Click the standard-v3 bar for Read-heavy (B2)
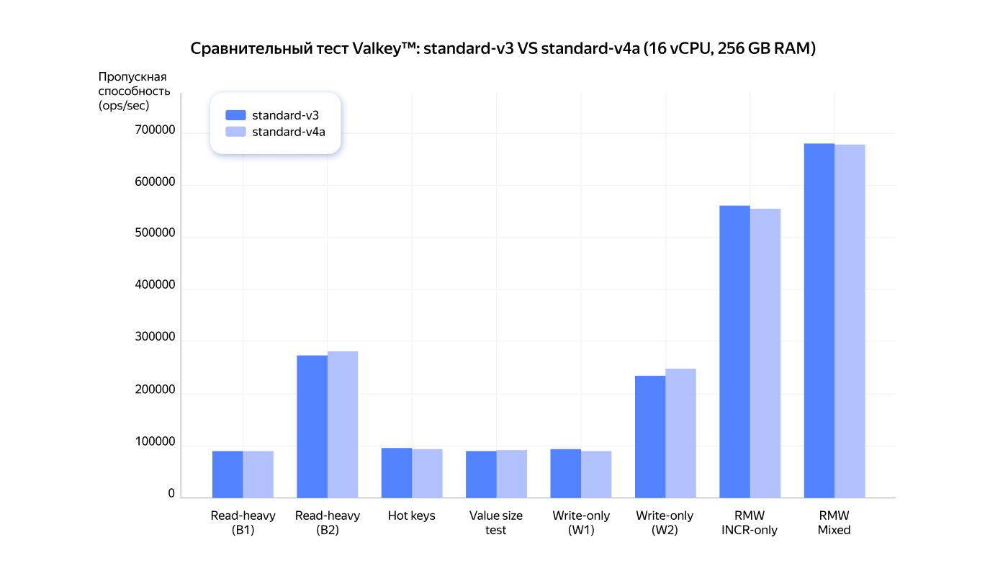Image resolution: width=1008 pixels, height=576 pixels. [x=312, y=426]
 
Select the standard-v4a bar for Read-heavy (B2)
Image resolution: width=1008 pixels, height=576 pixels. [x=343, y=424]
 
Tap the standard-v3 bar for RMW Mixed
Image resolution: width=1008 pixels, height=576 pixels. [x=819, y=320]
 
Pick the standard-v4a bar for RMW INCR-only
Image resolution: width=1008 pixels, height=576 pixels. [x=765, y=353]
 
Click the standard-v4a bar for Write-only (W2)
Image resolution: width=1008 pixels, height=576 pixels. [x=681, y=433]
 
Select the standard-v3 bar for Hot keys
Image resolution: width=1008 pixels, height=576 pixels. [x=397, y=472]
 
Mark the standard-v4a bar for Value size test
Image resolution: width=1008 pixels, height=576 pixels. [x=512, y=474]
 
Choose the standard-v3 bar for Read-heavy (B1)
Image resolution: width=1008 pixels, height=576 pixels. [x=228, y=474]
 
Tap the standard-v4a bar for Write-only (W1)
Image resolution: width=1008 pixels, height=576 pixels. [x=596, y=474]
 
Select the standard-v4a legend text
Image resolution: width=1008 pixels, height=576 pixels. [x=288, y=132]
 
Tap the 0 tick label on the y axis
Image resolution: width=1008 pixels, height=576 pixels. [x=171, y=494]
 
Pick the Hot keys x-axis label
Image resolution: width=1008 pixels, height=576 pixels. [x=412, y=516]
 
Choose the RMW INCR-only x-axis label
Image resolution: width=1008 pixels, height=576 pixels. [x=750, y=523]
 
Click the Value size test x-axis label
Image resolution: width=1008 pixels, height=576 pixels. [x=496, y=523]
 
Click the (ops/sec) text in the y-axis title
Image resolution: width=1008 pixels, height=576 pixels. [x=123, y=106]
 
